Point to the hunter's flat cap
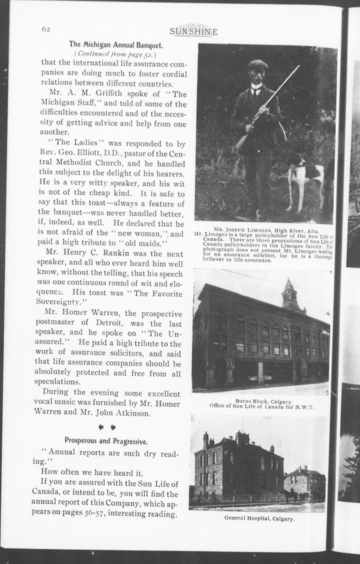tap(258, 65)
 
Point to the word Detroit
tap(111, 324)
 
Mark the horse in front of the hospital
tap(289, 496)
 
